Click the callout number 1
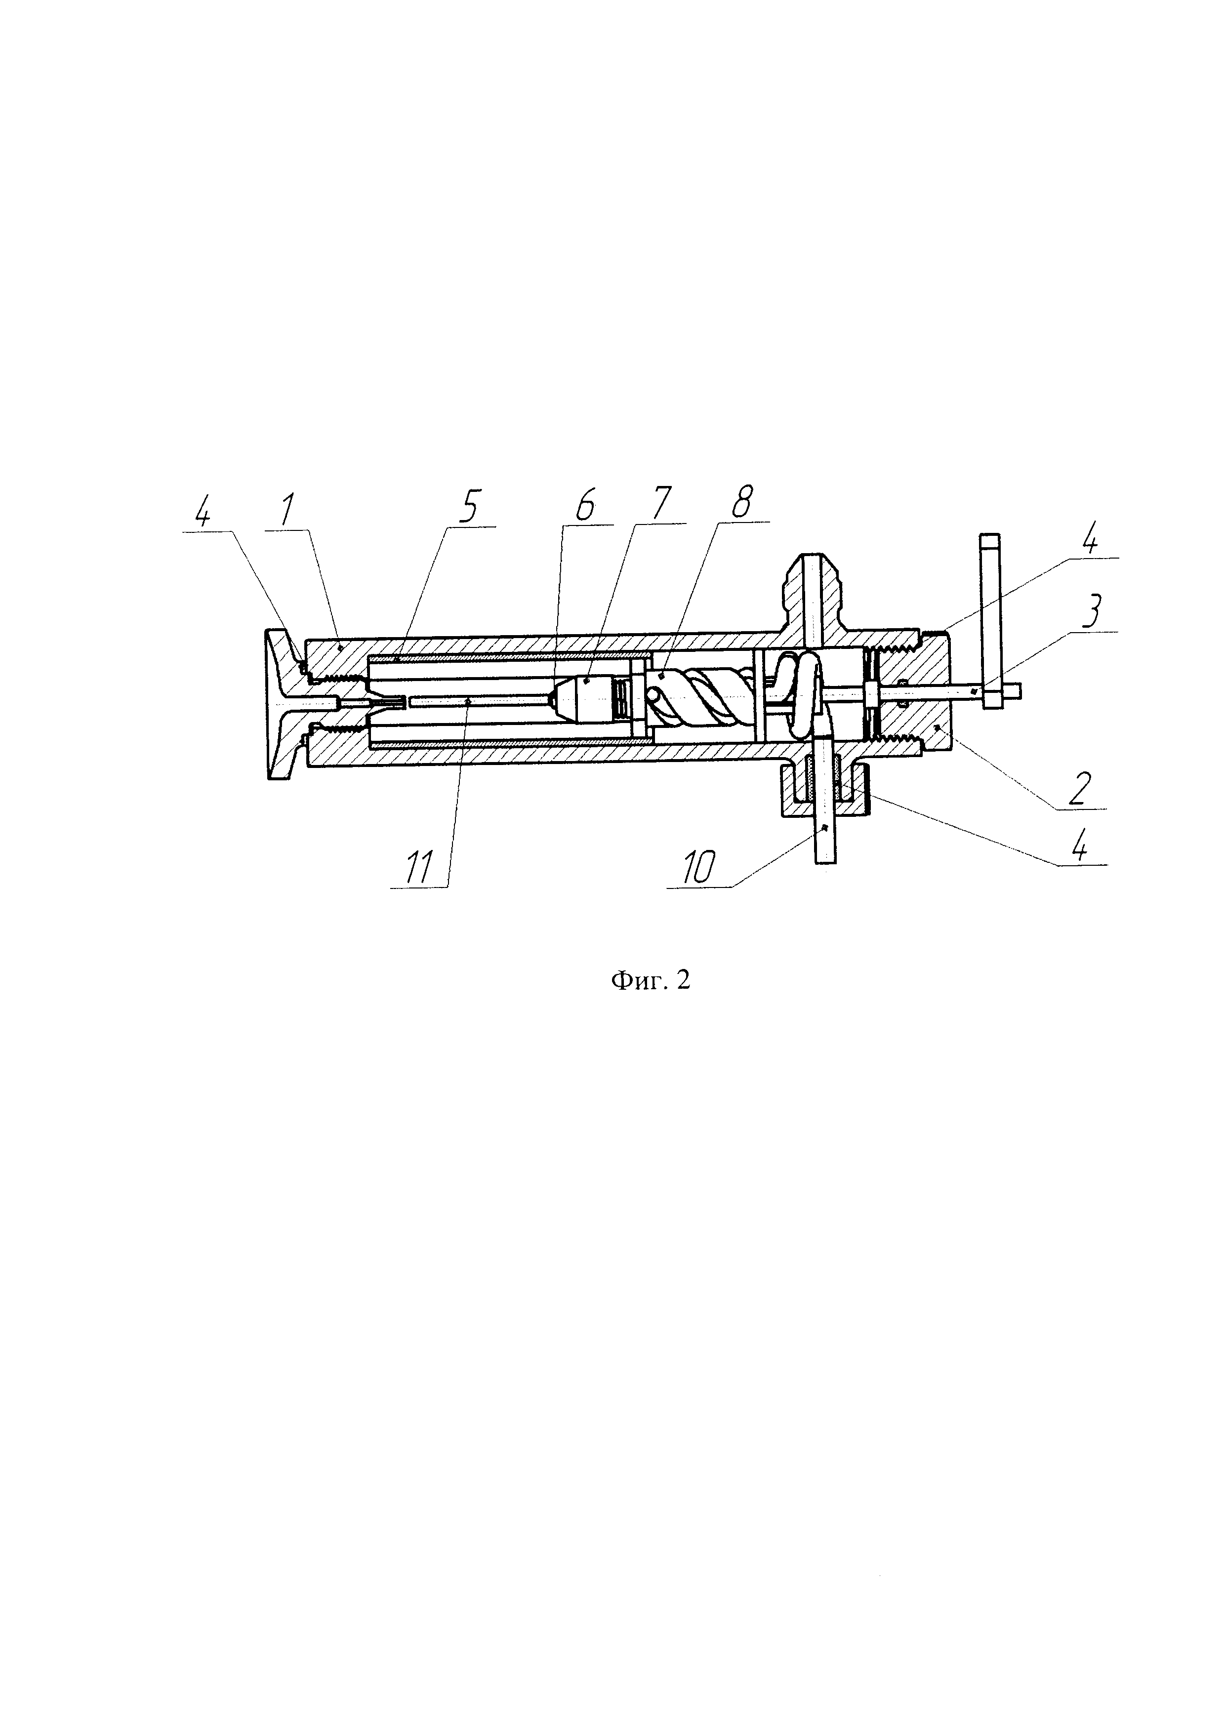click(286, 513)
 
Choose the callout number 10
click(698, 869)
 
